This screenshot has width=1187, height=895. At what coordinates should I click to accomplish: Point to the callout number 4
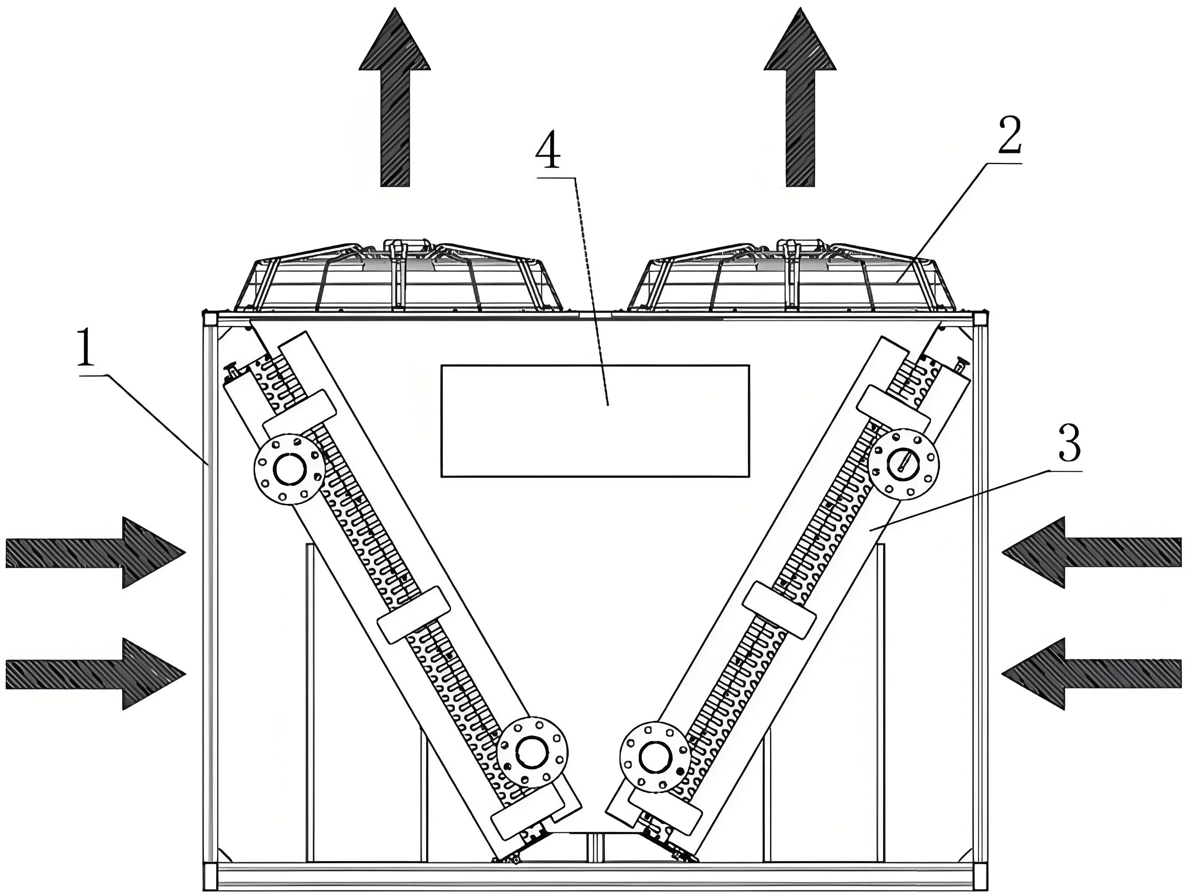(x=548, y=151)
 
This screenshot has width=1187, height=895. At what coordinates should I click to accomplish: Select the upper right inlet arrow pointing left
(x=1092, y=552)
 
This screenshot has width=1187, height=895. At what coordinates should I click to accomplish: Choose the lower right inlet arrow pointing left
(x=1092, y=673)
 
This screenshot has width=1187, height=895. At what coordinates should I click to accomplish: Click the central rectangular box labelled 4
(x=594, y=421)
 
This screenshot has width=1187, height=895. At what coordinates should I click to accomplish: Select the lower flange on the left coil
(x=532, y=751)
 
